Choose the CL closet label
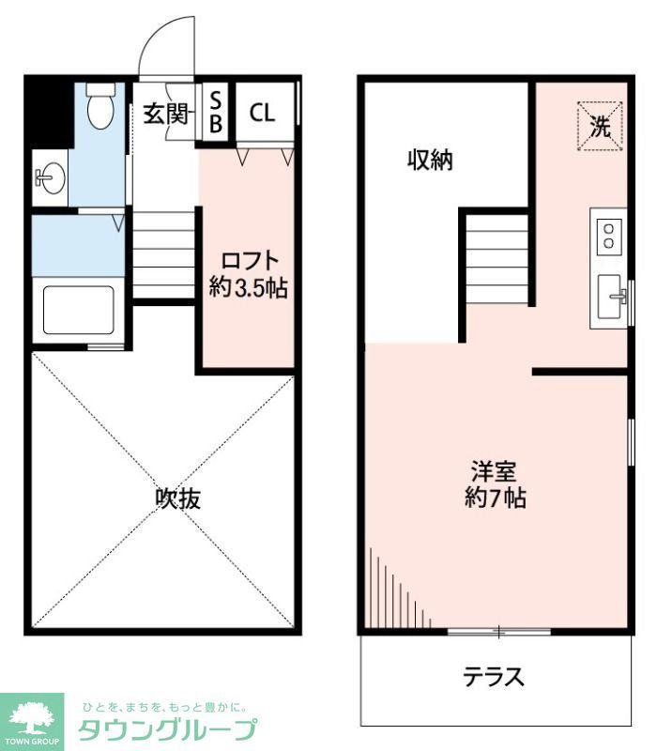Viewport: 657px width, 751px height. (262, 114)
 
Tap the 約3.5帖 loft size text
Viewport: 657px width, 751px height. (248, 288)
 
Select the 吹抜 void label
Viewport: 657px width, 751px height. (177, 498)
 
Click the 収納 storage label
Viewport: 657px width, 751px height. (430, 161)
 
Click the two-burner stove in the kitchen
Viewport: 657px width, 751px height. (609, 235)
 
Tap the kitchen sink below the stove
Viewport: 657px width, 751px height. (610, 299)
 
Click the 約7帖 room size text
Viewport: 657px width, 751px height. (496, 498)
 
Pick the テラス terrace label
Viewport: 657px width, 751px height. (493, 676)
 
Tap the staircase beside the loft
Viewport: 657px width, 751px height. (164, 253)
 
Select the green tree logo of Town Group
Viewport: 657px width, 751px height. (31, 718)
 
